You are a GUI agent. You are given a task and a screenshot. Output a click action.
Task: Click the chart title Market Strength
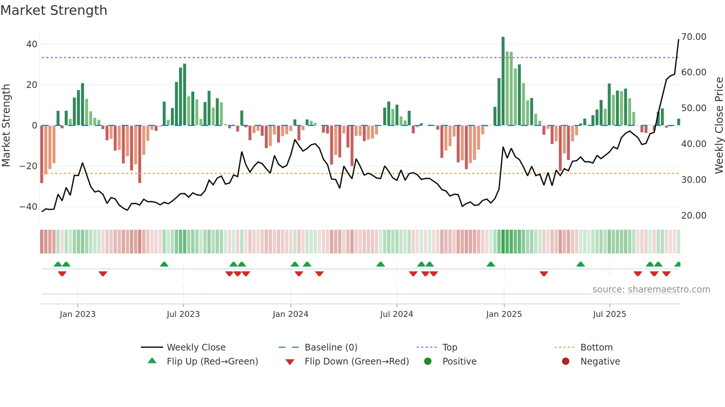[54, 10]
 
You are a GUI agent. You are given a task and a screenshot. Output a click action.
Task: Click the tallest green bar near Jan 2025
[503, 81]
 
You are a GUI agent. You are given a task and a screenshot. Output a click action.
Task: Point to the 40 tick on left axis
[32, 44]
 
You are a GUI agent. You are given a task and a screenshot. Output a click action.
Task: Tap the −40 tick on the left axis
[28, 207]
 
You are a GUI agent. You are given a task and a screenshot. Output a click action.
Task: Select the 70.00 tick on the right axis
[694, 37]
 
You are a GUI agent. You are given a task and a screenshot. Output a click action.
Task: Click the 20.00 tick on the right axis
[694, 215]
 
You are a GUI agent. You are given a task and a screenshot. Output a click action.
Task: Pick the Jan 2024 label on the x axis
[290, 314]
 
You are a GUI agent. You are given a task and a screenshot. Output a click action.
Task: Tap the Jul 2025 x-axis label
[609, 314]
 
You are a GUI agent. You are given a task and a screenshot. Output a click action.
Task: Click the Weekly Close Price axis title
[719, 126]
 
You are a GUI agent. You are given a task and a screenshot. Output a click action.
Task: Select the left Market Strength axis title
[6, 126]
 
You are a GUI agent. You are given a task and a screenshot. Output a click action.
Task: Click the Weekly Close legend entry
[196, 348]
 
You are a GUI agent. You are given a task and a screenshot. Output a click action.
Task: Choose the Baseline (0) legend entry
[331, 348]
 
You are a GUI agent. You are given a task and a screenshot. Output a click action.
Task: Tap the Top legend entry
[449, 348]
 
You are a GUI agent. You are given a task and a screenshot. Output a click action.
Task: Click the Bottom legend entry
[596, 348]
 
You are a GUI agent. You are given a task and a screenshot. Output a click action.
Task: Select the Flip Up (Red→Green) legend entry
[212, 362]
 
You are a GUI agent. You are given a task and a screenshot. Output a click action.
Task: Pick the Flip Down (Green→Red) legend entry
[357, 362]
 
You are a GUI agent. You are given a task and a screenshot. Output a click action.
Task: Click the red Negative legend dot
[566, 362]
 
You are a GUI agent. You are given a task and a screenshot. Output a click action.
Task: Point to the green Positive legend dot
[428, 362]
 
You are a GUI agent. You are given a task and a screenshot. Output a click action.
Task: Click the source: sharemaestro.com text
[651, 290]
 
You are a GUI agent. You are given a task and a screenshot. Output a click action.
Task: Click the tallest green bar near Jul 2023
[185, 95]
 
